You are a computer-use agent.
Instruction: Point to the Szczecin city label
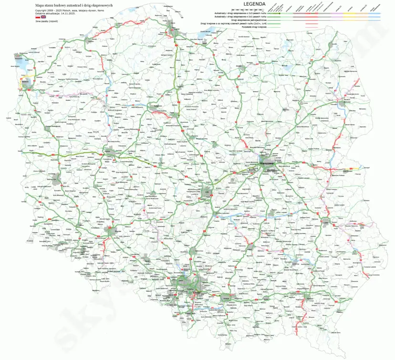pyautogui.click(x=25, y=82)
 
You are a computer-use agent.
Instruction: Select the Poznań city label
pyautogui.click(x=108, y=152)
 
